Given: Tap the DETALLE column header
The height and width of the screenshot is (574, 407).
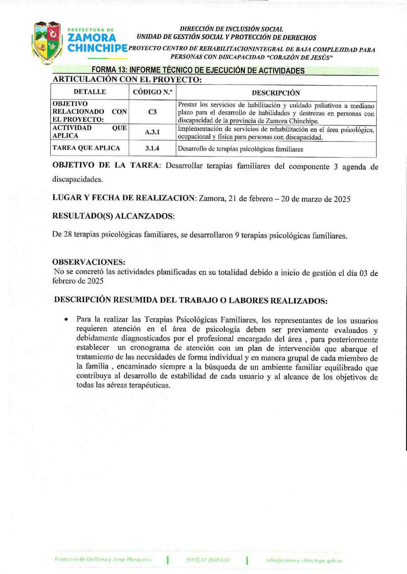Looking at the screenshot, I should [90, 92].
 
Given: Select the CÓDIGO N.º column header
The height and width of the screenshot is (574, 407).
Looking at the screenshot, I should [152, 92].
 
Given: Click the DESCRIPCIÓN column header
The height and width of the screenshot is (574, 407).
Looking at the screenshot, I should [276, 93].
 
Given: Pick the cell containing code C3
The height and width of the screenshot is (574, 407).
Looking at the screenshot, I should [152, 112].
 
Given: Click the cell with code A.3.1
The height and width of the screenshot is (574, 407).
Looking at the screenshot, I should [152, 132].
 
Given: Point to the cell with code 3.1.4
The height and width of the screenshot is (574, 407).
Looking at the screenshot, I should [152, 148].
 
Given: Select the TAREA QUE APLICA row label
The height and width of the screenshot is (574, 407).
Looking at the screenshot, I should [86, 148].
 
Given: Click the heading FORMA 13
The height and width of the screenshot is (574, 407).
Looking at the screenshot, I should [198, 70].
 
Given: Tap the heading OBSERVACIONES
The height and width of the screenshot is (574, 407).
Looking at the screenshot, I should [89, 262].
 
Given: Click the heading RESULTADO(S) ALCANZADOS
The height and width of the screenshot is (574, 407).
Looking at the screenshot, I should [113, 216].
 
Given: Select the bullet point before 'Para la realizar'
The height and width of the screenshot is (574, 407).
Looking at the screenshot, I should [67, 319].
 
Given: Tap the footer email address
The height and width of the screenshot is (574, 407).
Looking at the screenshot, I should [304, 561].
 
